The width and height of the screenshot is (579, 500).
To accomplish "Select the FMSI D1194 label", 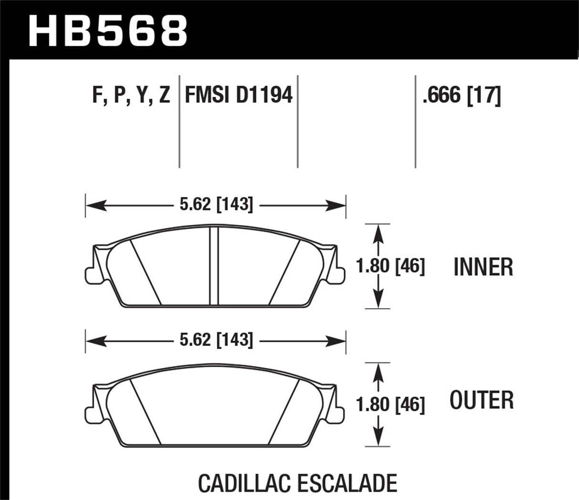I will [x=238, y=96].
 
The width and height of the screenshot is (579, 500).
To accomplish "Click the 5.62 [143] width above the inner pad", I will [x=216, y=205].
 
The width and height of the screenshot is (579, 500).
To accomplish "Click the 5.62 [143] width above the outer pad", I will [x=216, y=339].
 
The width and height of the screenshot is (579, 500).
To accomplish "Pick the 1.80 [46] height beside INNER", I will [x=391, y=266].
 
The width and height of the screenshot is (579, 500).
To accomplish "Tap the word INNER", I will [x=483, y=267].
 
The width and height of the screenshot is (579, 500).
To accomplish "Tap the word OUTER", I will [x=482, y=400].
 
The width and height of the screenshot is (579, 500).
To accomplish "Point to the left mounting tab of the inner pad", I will [x=91, y=274].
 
